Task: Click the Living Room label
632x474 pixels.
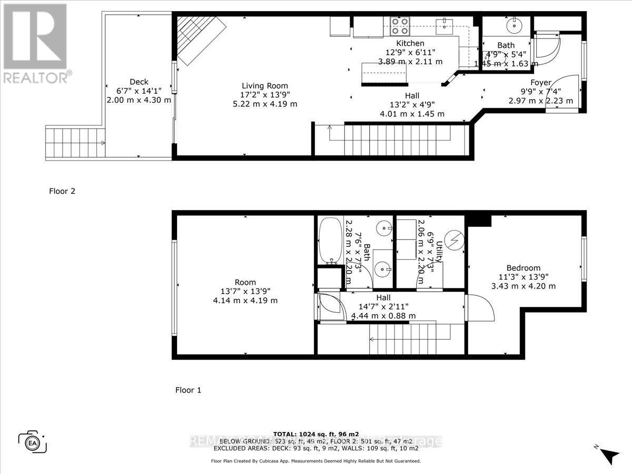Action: click(265, 86)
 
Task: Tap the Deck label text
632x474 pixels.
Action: click(140, 82)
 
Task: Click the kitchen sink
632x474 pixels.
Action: click(445, 23)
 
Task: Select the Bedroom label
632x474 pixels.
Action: click(523, 268)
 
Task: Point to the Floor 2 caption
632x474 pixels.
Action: click(62, 191)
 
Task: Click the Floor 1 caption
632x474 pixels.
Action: click(188, 390)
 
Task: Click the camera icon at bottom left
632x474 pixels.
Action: click(33, 441)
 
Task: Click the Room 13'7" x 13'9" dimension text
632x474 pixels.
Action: click(245, 291)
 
